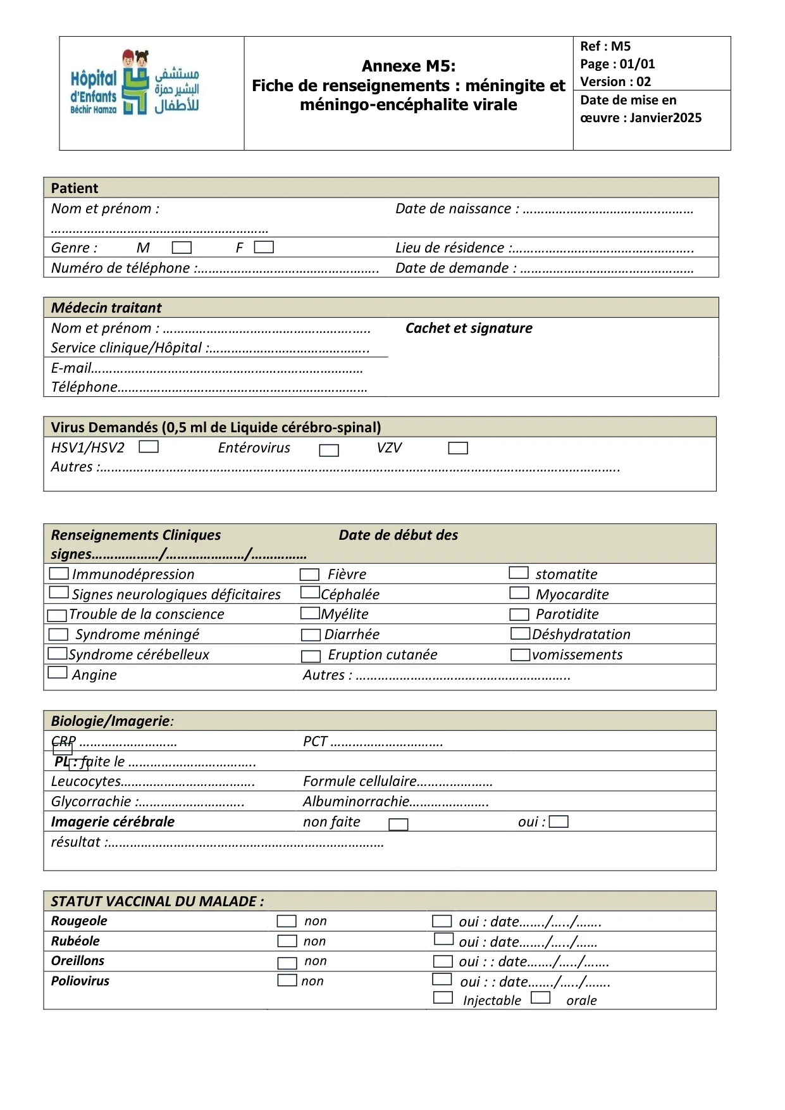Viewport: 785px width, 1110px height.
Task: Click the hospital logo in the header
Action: pos(135,83)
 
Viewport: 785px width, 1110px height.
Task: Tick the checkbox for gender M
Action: pos(182,247)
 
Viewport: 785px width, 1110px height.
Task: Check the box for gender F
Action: pos(264,247)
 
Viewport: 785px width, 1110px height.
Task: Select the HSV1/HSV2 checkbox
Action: pos(149,447)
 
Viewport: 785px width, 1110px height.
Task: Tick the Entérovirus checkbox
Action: pos(329,450)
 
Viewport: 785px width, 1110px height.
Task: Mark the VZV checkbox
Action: pos(458,448)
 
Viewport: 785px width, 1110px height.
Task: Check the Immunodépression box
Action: pos(59,573)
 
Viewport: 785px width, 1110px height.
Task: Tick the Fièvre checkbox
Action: pos(309,575)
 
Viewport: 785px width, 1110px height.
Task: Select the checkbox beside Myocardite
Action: pos(519,593)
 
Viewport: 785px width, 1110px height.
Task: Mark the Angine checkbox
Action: pos(58,672)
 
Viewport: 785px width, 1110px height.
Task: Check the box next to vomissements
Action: pos(521,654)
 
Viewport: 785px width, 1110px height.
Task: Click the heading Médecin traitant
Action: pos(106,308)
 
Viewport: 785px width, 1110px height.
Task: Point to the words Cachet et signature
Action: pos(469,328)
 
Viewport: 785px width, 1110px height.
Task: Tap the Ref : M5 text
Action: pos(605,46)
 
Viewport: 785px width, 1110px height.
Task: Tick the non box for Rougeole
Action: pos(287,921)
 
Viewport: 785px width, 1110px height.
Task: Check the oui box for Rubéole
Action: pos(444,939)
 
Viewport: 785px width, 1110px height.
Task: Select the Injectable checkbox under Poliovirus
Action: pos(443,998)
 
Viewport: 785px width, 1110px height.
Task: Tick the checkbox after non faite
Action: pos(399,824)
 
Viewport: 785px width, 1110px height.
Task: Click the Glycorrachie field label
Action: pos(91,801)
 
